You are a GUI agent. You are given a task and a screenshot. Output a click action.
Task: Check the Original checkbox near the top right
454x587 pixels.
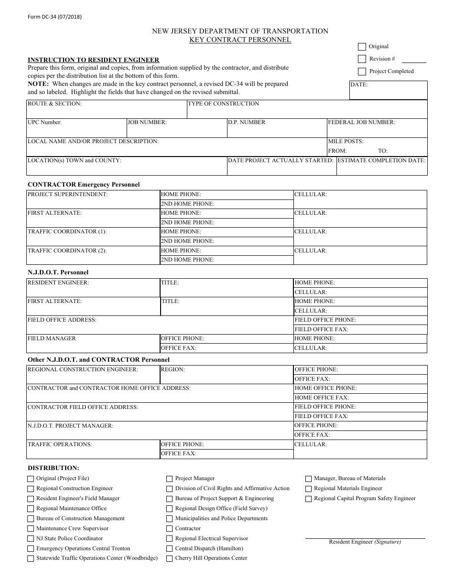(362, 47)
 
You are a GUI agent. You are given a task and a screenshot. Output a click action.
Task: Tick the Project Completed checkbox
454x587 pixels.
(362, 72)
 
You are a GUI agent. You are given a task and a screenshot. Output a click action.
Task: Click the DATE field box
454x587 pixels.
(388, 92)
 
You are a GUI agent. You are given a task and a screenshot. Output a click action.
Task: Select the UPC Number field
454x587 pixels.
(76, 130)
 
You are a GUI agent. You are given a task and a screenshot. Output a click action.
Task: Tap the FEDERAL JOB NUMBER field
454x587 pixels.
(377, 130)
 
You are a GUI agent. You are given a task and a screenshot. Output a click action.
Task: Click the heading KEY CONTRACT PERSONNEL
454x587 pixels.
(240, 40)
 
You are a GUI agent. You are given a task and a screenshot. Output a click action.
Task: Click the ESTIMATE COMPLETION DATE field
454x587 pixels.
(381, 168)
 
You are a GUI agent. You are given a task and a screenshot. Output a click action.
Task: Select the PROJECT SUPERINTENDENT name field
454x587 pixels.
(93, 202)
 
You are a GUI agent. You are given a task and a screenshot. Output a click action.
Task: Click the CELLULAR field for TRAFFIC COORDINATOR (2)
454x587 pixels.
(360, 258)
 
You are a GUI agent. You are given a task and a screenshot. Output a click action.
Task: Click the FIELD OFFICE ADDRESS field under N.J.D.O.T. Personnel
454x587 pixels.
(160, 327)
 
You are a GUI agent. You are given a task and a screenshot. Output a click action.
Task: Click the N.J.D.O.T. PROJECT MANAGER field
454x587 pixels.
(160, 433)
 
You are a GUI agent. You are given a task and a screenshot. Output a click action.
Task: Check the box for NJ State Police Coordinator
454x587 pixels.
(31, 539)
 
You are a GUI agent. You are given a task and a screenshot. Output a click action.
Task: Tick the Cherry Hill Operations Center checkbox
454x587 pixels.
(169, 558)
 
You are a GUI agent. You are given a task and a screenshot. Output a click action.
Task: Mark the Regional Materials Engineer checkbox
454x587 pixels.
(308, 489)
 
